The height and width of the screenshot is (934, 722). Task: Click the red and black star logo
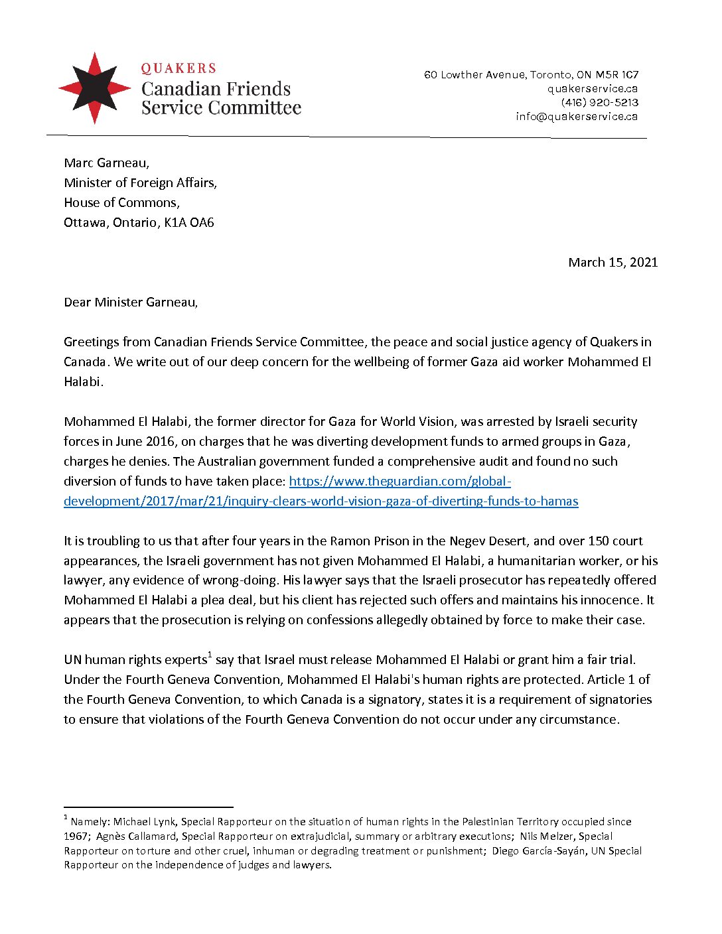(95, 88)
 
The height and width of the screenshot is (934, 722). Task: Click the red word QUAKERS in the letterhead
(179, 68)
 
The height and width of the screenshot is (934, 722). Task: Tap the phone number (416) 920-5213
(599, 102)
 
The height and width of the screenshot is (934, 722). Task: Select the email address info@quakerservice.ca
(577, 116)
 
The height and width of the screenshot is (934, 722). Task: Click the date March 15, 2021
(613, 262)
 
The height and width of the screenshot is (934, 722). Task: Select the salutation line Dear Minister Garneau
(131, 302)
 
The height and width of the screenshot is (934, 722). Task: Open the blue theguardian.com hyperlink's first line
(399, 481)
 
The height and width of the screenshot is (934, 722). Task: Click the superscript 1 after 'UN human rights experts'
(210, 655)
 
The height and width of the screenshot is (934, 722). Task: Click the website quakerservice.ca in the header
(593, 88)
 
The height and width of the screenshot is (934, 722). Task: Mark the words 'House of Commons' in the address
(121, 202)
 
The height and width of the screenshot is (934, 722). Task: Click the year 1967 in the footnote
(76, 836)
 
